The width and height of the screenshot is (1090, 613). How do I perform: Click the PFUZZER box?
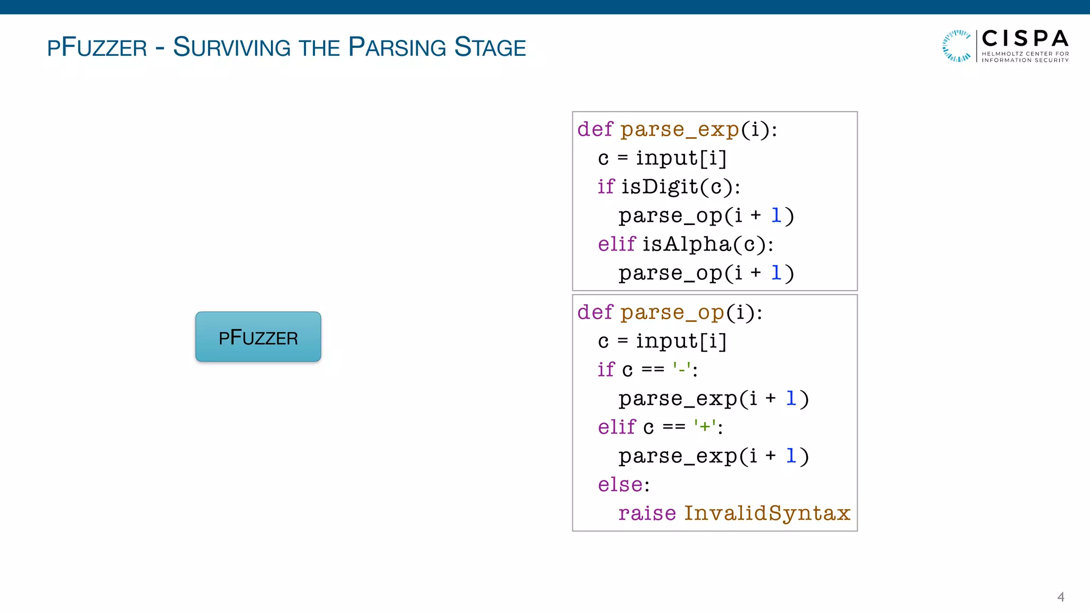(x=258, y=337)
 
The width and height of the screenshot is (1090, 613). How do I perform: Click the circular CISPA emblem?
(x=956, y=46)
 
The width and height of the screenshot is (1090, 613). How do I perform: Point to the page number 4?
(x=1060, y=597)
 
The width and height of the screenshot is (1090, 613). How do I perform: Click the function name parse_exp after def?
(x=680, y=129)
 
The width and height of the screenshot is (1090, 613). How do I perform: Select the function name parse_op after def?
(x=672, y=312)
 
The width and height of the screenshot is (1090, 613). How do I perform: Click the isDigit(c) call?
(x=680, y=187)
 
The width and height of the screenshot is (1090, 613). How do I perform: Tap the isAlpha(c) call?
(x=707, y=244)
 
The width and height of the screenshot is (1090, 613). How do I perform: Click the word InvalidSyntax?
(x=767, y=513)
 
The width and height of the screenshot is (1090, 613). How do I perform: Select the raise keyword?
(x=647, y=513)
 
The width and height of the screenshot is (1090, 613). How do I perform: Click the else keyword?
(x=620, y=485)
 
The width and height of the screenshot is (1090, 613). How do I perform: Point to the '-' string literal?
(x=682, y=369)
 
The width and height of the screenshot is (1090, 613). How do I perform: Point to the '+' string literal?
(x=705, y=426)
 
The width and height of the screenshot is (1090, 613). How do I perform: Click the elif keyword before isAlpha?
(x=616, y=244)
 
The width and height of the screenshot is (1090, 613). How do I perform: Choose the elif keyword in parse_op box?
(x=616, y=427)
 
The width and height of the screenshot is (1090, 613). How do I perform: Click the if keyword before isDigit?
(x=606, y=187)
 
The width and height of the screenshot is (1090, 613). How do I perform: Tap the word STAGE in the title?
(x=490, y=47)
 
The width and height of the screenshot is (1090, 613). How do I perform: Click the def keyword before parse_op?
(x=595, y=312)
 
